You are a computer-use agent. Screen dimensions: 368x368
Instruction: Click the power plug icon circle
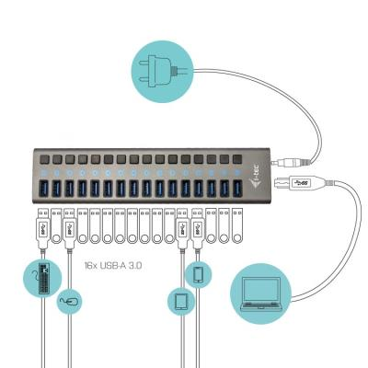[163, 72]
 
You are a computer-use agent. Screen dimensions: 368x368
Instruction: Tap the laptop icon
[261, 294]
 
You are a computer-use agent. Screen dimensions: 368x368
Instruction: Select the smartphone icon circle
[199, 274]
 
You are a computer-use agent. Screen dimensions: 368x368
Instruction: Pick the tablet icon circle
[181, 302]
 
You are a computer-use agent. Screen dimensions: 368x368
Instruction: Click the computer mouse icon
[69, 302]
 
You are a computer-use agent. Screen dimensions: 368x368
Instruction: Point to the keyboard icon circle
[42, 279]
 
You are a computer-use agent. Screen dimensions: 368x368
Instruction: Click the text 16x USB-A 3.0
[113, 265]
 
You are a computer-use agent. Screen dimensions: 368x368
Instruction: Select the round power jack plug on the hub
[292, 163]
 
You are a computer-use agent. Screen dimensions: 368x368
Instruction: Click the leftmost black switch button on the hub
[44, 159]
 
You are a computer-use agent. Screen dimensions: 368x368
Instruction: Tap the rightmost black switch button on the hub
[237, 159]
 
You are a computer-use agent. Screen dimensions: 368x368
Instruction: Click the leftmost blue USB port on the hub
[44, 189]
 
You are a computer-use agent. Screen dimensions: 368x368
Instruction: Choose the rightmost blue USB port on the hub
[237, 189]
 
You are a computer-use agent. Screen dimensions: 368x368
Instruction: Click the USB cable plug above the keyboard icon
[43, 228]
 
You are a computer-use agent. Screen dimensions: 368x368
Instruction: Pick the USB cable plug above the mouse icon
[69, 228]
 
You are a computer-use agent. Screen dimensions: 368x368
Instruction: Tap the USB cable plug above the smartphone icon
[197, 228]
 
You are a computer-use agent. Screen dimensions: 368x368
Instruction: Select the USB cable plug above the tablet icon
[182, 228]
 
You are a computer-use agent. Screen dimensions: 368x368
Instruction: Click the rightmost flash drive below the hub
[237, 226]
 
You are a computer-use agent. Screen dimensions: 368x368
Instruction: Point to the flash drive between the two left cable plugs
[56, 226]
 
